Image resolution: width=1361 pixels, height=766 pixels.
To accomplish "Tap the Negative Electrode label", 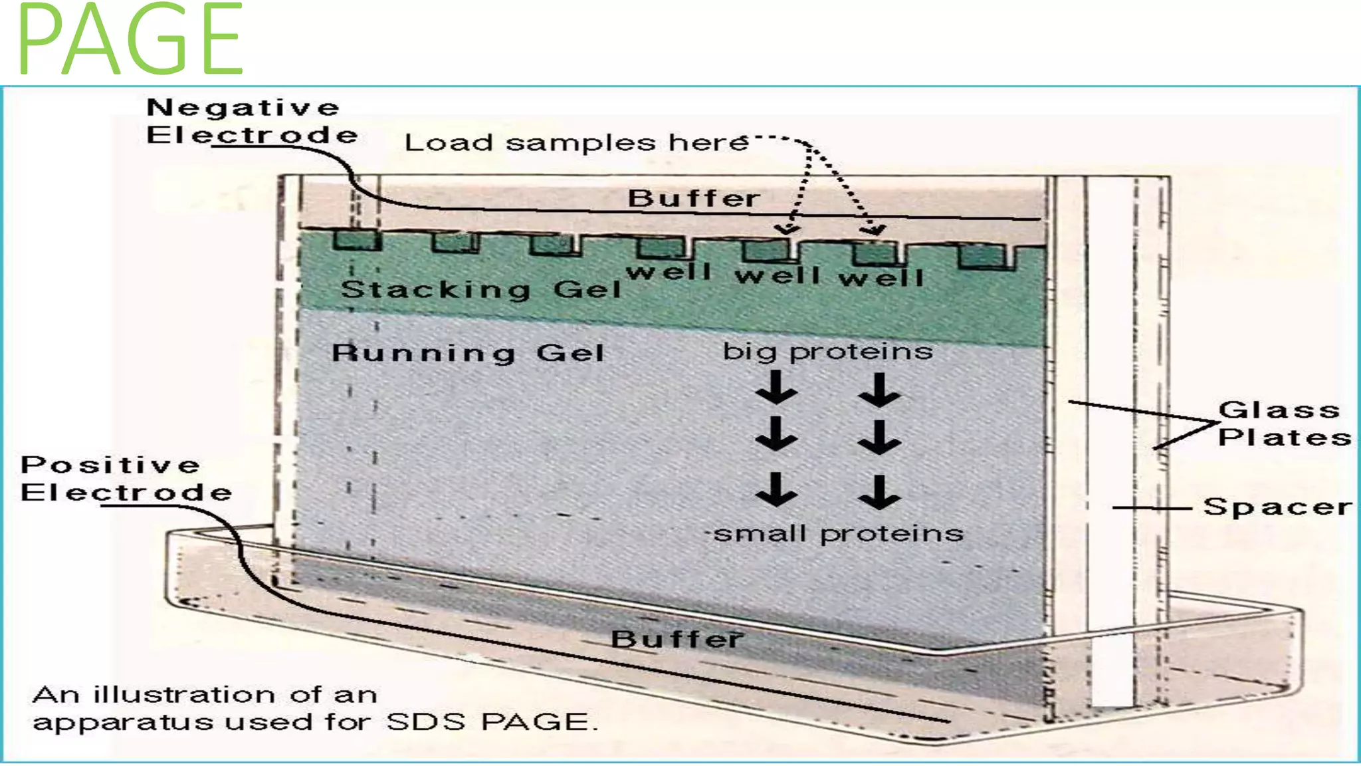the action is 252,121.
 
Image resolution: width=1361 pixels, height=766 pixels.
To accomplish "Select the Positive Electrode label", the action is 126,479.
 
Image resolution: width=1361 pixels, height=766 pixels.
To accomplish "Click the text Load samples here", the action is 576,142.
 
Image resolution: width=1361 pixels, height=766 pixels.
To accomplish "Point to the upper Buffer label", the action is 693,198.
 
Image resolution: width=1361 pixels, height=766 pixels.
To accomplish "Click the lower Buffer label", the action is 677,639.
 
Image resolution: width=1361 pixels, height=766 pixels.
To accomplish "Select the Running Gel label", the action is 468,352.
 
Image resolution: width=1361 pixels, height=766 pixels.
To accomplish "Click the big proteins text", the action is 828,352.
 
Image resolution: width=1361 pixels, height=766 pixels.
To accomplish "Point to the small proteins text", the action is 838,534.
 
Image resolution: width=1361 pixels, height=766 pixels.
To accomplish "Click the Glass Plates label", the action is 1284,424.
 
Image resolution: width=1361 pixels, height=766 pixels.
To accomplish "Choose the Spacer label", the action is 1277,507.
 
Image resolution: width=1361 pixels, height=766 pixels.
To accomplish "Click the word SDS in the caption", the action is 425,722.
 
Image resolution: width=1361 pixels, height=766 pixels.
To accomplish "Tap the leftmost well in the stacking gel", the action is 358,240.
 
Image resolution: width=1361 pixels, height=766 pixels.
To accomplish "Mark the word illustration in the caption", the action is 183,694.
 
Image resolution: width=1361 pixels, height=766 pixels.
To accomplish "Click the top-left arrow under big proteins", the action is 776,387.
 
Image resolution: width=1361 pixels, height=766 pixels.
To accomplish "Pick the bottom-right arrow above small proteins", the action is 879,493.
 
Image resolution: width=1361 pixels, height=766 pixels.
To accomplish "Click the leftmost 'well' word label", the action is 669,272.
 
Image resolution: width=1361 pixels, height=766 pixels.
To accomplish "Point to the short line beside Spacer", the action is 1152,509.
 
